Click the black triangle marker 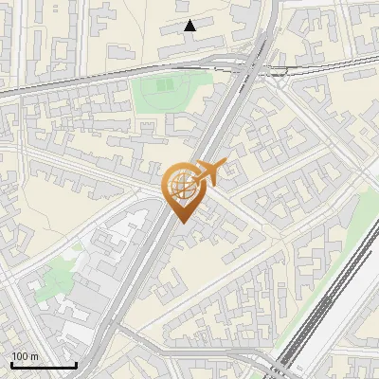click(190, 26)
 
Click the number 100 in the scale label click(20, 356)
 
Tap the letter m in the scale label click(34, 356)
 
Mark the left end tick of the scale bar click(10, 365)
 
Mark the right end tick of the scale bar click(76, 365)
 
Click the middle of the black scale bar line click(43, 366)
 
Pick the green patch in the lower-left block click(60, 275)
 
